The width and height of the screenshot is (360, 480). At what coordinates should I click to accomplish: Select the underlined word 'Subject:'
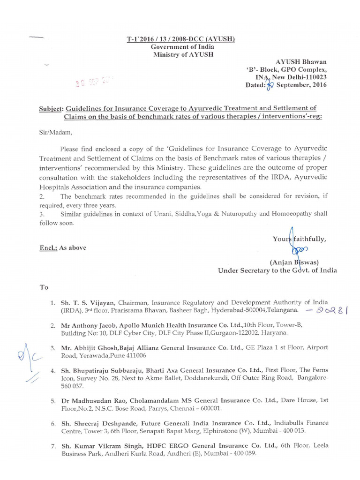[x=51, y=108]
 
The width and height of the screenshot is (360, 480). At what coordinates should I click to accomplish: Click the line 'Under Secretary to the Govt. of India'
[x=277, y=270]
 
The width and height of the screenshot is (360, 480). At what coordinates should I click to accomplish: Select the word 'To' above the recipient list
[x=44, y=287]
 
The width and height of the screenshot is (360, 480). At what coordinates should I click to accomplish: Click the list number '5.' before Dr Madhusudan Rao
[x=53, y=401]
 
